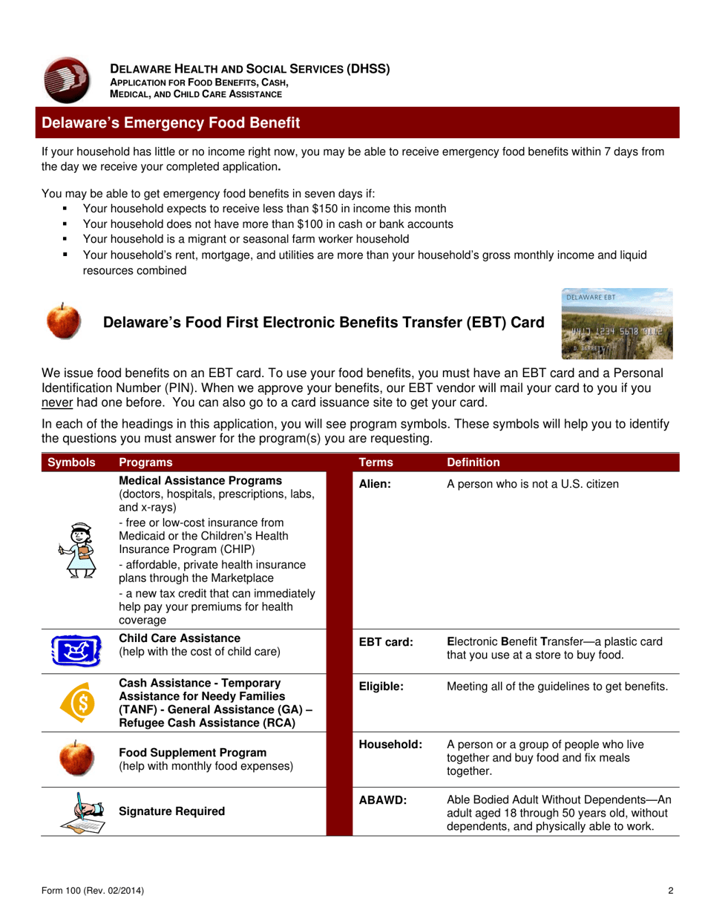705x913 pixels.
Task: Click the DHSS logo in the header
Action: (x=66, y=80)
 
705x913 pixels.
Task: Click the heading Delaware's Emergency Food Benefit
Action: (x=171, y=122)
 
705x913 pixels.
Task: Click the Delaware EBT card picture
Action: (x=617, y=324)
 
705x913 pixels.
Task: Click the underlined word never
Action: (x=56, y=403)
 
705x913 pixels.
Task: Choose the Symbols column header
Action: (x=71, y=462)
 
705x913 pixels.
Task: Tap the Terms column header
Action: (x=376, y=462)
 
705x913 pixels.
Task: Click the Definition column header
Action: (x=473, y=462)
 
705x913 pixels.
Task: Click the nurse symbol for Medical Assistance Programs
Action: (x=77, y=550)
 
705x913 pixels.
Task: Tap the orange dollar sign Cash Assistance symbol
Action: (x=78, y=700)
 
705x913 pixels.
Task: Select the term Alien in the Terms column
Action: (x=375, y=485)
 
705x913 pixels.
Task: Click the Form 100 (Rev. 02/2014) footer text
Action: (x=93, y=891)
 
